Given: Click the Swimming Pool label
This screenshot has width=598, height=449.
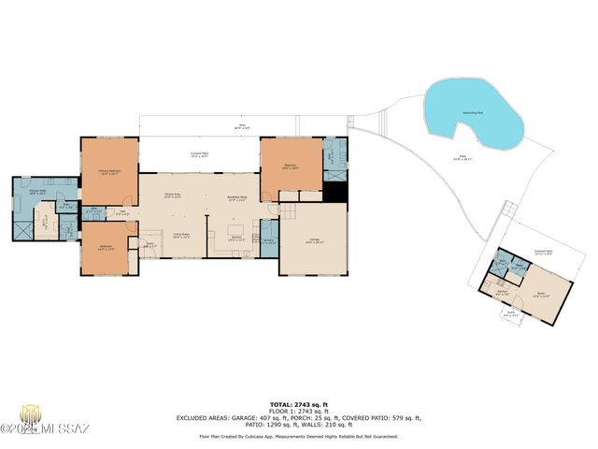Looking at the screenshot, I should pos(473,112).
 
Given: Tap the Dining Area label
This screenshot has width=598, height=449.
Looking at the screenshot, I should pos(172,196).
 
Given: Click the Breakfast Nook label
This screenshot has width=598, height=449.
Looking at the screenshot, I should pos(237,197).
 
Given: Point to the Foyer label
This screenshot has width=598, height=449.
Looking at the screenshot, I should pos(148,245).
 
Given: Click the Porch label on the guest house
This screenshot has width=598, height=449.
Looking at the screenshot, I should pos(509,315).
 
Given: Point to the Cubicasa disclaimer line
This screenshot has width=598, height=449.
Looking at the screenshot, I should pos(298,436).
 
